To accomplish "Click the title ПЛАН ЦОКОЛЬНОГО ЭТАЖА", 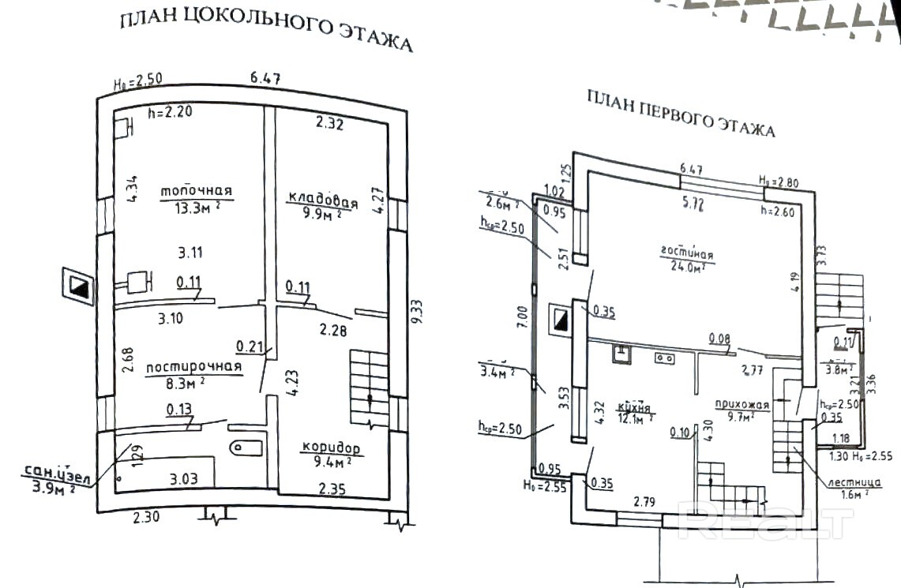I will coord(266,31).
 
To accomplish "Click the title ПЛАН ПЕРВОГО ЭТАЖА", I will coord(681,114).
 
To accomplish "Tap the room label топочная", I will coord(196,191).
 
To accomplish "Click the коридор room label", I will coord(331,448).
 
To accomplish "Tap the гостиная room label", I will coord(687,254).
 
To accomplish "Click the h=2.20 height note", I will coord(170,113).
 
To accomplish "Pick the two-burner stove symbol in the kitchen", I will coord(664,358).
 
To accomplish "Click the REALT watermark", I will coord(767,522).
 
